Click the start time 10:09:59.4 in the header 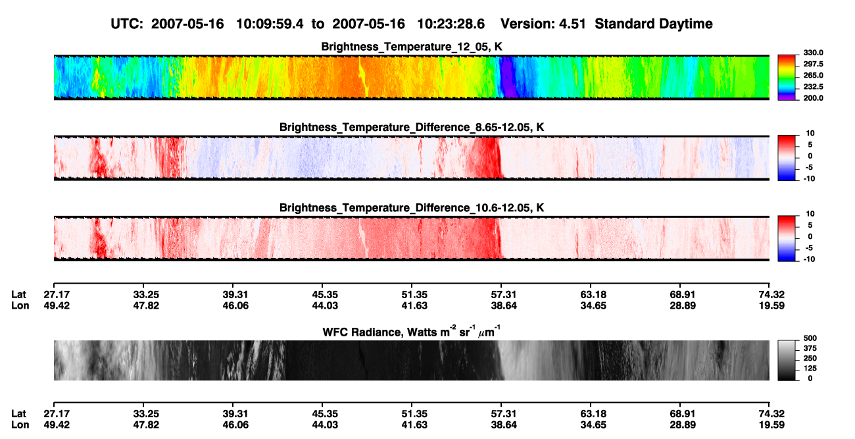(270, 24)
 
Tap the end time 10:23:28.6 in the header (451, 24)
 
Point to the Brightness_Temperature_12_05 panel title (412, 47)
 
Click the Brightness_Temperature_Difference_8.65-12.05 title (412, 127)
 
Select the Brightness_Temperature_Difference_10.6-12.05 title (412, 208)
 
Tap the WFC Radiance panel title (412, 332)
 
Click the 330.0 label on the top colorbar (813, 53)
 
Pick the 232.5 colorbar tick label (813, 87)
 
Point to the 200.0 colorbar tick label (813, 98)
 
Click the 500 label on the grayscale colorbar (810, 338)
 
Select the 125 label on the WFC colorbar (810, 369)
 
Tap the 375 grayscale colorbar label (810, 348)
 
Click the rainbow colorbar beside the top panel (787, 78)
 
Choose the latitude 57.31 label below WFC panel (503, 414)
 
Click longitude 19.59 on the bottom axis (771, 425)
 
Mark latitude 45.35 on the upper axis (325, 295)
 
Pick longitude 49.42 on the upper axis (57, 305)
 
